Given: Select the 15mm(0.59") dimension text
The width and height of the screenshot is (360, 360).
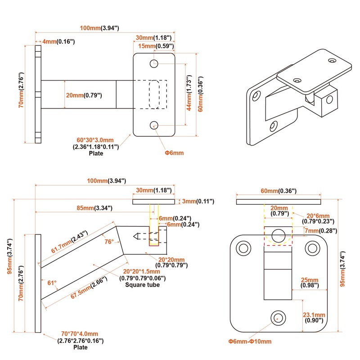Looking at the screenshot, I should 156,46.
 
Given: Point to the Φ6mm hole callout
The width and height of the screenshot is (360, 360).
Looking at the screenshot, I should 174,153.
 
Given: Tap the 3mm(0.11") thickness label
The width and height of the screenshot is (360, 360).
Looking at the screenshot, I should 197,201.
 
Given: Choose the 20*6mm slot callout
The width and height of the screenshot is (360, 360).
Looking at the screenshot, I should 318,216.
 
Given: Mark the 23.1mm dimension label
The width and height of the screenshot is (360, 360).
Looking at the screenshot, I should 314,315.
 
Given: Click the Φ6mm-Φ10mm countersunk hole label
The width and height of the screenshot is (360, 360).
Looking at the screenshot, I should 250,342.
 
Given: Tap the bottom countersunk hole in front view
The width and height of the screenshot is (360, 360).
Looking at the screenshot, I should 278,317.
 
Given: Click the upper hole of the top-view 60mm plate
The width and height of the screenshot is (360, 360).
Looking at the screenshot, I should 154,63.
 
